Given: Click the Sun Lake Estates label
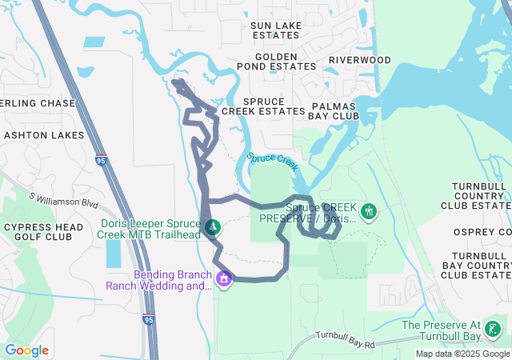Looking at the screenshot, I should click(276, 30).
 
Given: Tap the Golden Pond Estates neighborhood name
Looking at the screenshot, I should click(276, 61).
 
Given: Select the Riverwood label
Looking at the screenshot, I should click(360, 60).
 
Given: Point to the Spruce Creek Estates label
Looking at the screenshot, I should click(263, 106).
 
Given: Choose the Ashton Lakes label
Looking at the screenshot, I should click(44, 135).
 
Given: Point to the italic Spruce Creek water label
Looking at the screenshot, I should click(272, 162).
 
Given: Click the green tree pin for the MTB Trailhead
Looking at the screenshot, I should click(212, 227).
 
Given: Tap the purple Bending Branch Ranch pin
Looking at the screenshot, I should click(224, 279).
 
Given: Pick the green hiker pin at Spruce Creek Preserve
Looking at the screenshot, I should click(369, 212).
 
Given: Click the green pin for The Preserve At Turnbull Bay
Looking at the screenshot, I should click(493, 329).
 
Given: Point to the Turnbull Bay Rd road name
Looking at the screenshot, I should click(346, 339).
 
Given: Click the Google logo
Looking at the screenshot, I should click(26, 350).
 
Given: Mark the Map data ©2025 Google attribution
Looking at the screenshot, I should click(462, 354).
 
